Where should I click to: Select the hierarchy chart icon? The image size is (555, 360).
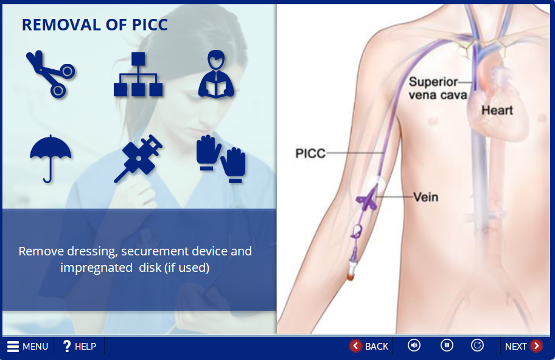[x=138, y=74]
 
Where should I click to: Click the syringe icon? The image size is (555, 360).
[x=138, y=159]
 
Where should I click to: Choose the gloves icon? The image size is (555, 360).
[x=221, y=159]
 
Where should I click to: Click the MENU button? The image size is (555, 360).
[x=27, y=346]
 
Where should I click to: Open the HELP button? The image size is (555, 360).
[x=79, y=346]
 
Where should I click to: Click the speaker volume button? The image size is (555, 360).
[x=414, y=345]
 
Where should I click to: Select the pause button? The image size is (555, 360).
[x=447, y=345]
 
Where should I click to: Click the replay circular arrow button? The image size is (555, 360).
[x=477, y=345]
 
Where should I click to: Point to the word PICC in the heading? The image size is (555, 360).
[x=150, y=25]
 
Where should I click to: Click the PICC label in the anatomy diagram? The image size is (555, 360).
[x=310, y=153]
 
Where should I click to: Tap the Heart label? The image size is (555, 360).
[x=497, y=110]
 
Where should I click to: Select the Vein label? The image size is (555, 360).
[x=426, y=197]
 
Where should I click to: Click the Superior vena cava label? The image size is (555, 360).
[x=438, y=88]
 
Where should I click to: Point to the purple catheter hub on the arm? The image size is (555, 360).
[x=367, y=201]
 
